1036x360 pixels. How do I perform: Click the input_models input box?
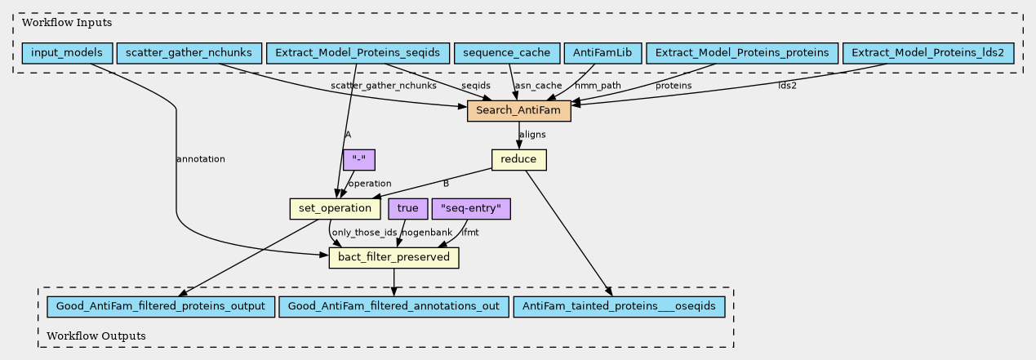[x=67, y=53]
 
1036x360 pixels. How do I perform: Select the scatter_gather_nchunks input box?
[x=189, y=53]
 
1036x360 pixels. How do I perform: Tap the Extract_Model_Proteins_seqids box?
[x=358, y=53]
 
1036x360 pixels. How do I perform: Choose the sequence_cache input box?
[x=507, y=53]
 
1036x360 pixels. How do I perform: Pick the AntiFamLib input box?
[x=602, y=53]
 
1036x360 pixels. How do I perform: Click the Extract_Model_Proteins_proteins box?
[x=742, y=53]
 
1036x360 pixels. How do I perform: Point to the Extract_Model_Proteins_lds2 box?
[x=927, y=53]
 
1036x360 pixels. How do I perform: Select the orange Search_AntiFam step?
[x=519, y=111]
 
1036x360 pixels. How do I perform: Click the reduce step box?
[x=519, y=160]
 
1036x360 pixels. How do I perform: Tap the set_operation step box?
[x=335, y=209]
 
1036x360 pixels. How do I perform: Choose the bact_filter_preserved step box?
[x=394, y=258]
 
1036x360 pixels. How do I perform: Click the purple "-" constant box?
[x=359, y=160]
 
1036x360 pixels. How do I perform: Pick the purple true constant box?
[x=407, y=209]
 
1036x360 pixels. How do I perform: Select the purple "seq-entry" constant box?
[x=471, y=209]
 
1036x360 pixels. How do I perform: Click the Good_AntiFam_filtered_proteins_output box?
[x=161, y=307]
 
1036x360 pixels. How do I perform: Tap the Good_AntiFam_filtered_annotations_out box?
[x=394, y=307]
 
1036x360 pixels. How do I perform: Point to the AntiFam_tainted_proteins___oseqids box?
[x=619, y=307]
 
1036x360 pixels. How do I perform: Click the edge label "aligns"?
[x=532, y=135]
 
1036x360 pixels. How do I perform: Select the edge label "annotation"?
[x=201, y=159]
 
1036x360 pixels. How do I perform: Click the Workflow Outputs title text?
[x=96, y=336]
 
